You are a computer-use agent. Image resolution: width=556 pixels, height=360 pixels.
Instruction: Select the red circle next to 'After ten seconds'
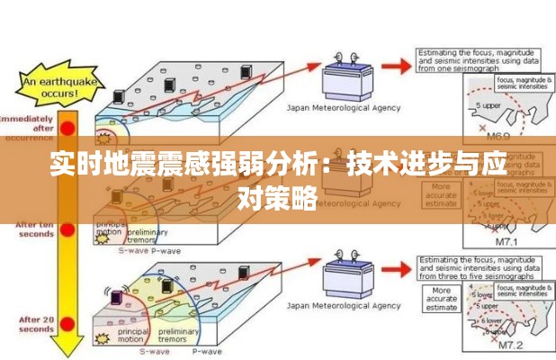[x=67, y=230]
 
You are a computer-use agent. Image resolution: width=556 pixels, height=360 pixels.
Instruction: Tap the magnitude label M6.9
[x=498, y=136]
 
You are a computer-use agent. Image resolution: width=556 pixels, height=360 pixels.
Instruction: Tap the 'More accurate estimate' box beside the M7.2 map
[x=440, y=299]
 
